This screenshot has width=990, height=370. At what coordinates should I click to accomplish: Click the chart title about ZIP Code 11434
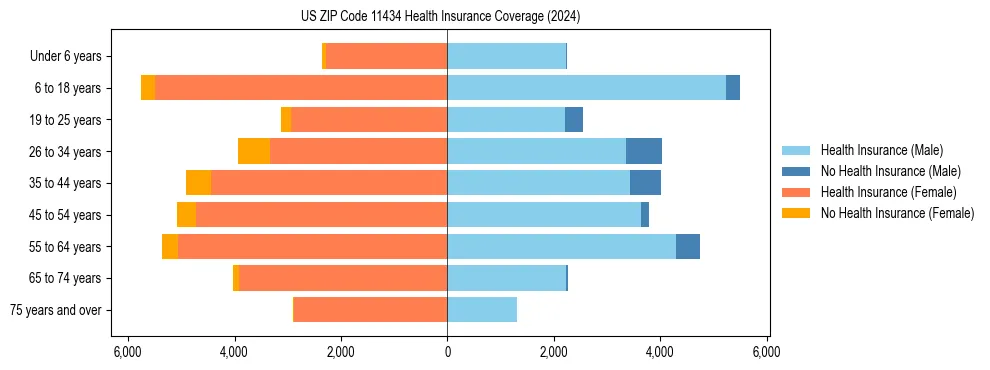tap(440, 17)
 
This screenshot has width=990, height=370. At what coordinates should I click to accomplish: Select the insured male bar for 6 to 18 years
tap(586, 88)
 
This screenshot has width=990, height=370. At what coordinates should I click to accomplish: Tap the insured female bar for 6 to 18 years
tap(300, 88)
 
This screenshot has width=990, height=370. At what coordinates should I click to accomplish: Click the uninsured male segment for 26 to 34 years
tap(644, 151)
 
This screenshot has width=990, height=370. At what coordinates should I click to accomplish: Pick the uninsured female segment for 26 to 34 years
tap(254, 151)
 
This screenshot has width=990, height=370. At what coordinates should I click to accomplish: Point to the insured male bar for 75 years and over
tap(482, 310)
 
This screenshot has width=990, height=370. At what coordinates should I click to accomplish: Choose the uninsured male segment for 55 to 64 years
tap(688, 246)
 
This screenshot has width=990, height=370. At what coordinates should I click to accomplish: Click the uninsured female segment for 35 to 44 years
tap(198, 183)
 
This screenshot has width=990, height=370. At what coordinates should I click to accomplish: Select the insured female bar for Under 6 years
tap(386, 56)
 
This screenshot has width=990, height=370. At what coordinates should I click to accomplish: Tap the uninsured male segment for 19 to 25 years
tap(574, 120)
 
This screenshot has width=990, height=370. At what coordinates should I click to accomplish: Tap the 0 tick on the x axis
tap(447, 352)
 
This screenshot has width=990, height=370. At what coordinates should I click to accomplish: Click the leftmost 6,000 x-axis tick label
tap(128, 352)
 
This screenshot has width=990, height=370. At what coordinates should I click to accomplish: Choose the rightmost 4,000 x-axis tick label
tap(660, 352)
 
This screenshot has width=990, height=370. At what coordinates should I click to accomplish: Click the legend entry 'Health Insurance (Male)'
tap(881, 150)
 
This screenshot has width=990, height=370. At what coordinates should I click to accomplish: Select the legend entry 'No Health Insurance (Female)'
tap(897, 213)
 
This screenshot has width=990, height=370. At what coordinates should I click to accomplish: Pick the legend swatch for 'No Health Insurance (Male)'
tap(796, 171)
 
